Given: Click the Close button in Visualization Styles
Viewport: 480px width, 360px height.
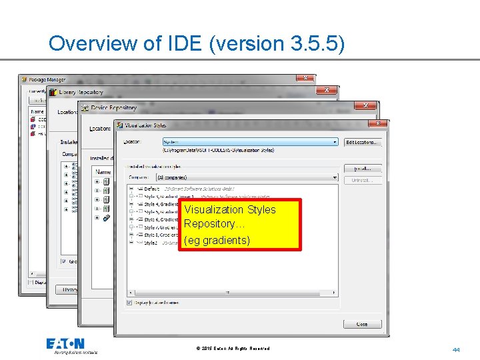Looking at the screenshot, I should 362,324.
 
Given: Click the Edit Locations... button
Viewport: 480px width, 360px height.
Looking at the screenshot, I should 363,142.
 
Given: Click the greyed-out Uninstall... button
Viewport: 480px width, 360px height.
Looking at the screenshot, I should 363,181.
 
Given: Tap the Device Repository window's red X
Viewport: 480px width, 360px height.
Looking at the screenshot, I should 365,106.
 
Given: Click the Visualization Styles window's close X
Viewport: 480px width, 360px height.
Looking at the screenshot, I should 378,123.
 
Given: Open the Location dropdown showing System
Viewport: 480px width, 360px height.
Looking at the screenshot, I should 250,142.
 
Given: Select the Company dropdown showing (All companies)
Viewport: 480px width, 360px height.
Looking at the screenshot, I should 247,177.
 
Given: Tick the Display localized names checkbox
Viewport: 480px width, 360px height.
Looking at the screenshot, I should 129,302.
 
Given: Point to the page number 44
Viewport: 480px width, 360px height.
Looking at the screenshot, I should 456,349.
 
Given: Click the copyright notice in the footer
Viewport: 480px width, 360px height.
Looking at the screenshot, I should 233,349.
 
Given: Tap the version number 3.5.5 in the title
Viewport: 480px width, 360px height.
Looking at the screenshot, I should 318,44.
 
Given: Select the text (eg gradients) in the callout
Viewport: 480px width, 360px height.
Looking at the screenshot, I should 217,240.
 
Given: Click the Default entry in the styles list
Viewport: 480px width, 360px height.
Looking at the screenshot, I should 151,189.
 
